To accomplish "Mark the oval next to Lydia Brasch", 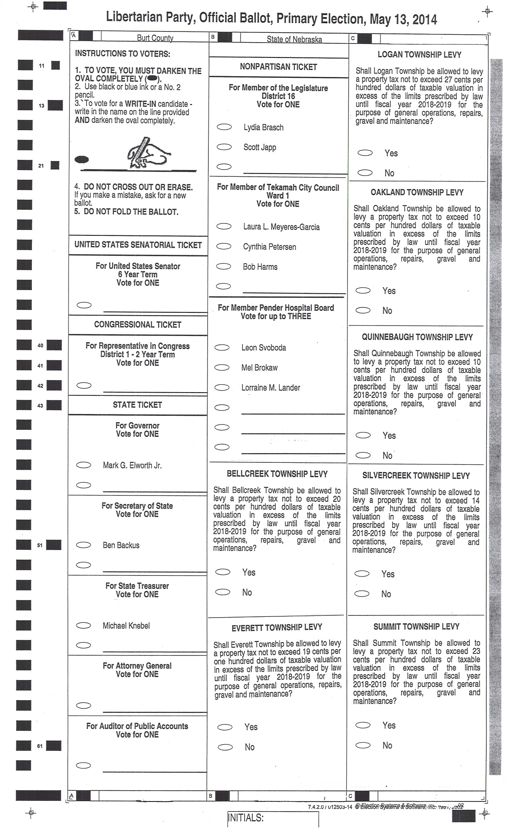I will [x=224, y=127].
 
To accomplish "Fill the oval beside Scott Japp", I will [x=224, y=147].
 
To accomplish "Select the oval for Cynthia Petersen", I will [x=224, y=246].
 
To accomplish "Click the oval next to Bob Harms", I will [x=224, y=266].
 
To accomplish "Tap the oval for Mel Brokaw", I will [x=222, y=367].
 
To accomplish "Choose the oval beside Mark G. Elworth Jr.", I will [x=84, y=465].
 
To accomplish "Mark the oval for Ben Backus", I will [x=84, y=545].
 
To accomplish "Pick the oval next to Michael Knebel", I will [x=84, y=626].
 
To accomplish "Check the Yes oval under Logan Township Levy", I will [x=365, y=153].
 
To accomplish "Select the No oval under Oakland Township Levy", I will [x=363, y=310].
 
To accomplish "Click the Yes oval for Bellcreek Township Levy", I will [x=223, y=572].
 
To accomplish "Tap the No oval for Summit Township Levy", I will [x=363, y=745].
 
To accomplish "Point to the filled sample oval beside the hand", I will [x=82, y=160].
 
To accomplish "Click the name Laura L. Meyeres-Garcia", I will [x=281, y=227].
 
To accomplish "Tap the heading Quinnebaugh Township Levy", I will [x=417, y=337].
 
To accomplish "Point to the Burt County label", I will [x=155, y=38].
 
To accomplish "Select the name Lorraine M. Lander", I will [x=271, y=387].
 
